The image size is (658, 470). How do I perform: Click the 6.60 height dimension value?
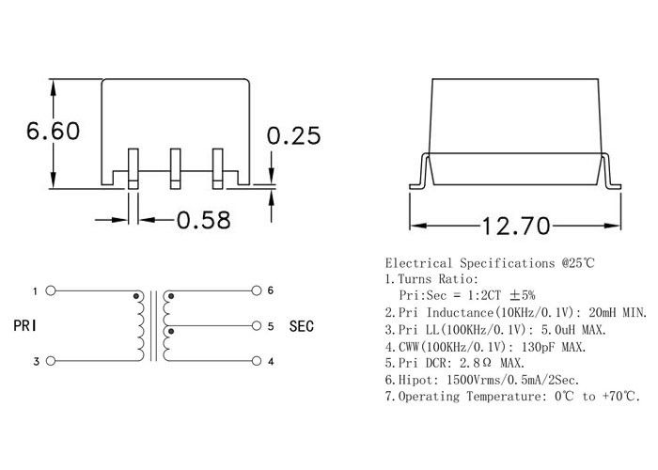point(53,131)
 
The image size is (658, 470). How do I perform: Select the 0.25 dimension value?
point(293,135)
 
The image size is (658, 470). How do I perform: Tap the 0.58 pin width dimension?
point(204,220)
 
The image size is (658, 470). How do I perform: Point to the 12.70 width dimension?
point(516,226)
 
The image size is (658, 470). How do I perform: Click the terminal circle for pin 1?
point(51,290)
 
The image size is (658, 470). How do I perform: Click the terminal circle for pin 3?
point(51,361)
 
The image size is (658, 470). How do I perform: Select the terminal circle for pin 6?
point(256,290)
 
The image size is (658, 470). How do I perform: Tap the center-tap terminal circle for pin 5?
point(256,325)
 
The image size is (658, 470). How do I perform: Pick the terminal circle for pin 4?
point(256,361)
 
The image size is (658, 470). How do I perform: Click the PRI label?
point(24,325)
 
